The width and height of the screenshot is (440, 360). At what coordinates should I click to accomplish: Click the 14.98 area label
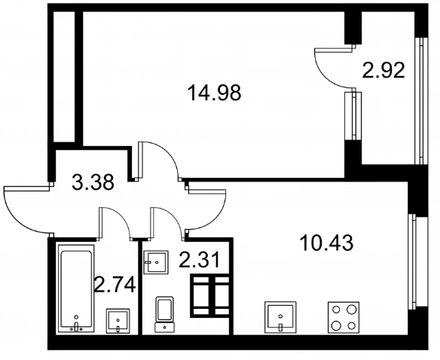215,93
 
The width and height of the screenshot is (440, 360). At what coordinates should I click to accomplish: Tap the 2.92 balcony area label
383,71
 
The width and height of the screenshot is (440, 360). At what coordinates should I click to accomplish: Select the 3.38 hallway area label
93,182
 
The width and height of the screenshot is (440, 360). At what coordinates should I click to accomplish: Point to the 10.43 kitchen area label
327,243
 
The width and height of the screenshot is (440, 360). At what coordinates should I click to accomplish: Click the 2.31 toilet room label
200,260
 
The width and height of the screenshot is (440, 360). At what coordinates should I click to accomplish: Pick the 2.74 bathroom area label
115,285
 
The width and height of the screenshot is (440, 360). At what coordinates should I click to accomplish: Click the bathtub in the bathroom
76,288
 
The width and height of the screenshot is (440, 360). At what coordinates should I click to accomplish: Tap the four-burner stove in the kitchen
344,317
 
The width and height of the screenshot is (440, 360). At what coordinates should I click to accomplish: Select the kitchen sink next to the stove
280,317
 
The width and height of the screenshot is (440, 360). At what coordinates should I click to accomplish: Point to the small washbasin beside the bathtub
118,321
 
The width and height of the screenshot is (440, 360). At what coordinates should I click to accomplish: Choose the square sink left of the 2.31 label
156,262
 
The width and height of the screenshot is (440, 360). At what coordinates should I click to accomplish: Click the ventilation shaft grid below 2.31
210,296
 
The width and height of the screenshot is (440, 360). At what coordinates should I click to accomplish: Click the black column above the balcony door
353,28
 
